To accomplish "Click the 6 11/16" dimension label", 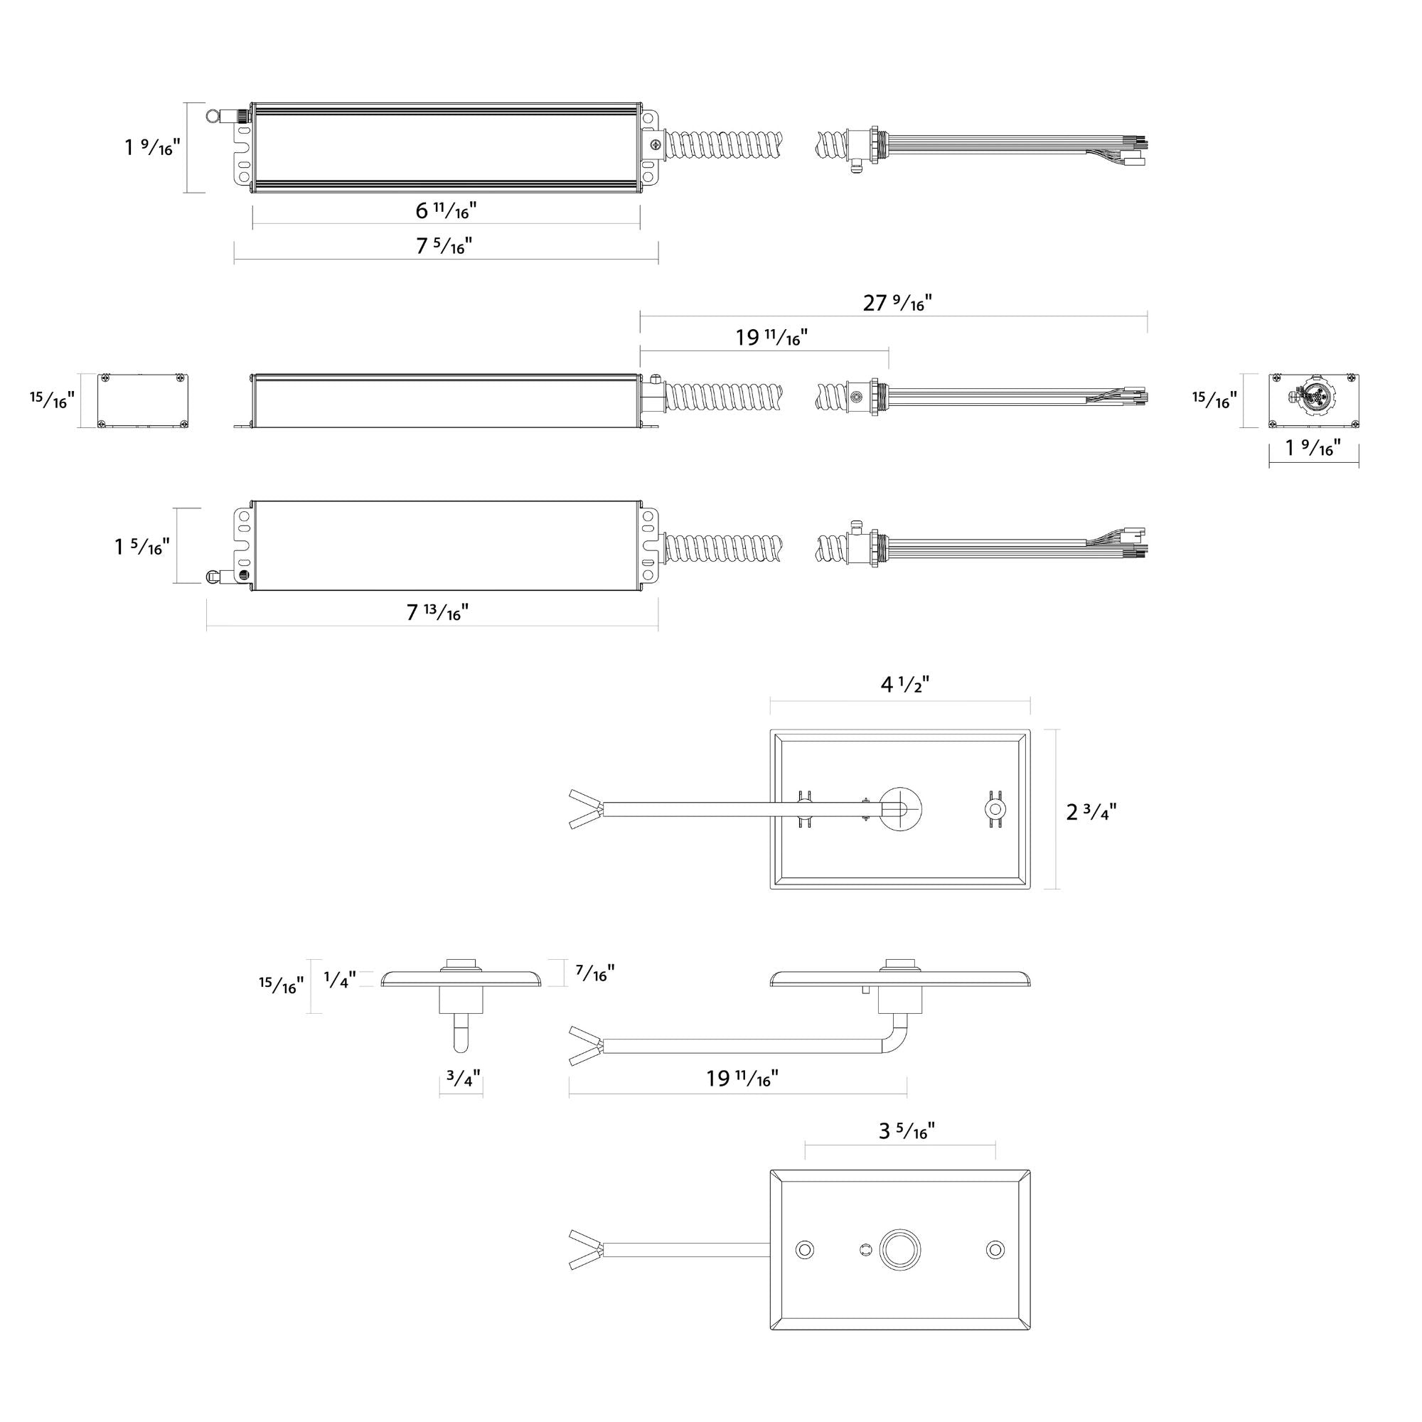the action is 446,211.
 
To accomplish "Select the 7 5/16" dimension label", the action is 444,246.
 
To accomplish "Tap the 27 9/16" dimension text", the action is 897,302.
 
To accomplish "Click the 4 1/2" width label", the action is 904,685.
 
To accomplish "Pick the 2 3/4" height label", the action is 1091,812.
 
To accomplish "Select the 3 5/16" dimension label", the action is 906,1130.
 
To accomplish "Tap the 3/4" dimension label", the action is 464,1079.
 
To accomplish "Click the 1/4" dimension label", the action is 340,979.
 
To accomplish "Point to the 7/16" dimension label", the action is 595,973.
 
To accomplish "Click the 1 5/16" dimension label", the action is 141,546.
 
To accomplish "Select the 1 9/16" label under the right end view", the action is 1313,447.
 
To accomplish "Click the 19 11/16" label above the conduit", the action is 771,338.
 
